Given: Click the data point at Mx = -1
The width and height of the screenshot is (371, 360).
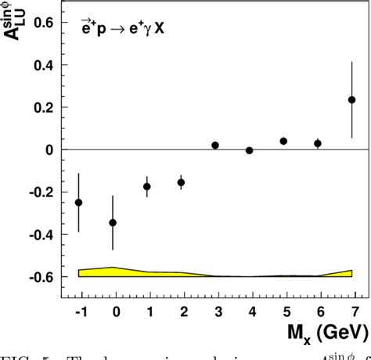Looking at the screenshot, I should coord(78,202).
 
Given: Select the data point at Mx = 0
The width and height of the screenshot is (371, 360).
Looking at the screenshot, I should coord(113,222).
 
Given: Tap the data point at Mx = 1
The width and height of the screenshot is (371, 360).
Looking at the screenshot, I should coord(146,186).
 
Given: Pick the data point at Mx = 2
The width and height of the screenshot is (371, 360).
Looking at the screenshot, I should coord(181,182).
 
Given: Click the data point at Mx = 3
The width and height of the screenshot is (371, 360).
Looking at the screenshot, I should coord(215,146).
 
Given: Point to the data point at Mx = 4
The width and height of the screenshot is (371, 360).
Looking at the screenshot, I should coord(249,150).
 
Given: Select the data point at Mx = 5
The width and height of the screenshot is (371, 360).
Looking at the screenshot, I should coord(283,141).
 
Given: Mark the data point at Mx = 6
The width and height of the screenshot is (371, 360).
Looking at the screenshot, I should coord(318,143).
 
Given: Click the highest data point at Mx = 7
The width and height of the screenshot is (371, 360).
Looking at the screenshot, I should coord(351,100).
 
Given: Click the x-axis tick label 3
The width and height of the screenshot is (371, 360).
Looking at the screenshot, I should coord(215,310).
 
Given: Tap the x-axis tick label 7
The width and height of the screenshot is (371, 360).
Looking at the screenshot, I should coord(352,310).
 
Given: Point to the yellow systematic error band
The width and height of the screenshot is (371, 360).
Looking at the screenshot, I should coord(157,273).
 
